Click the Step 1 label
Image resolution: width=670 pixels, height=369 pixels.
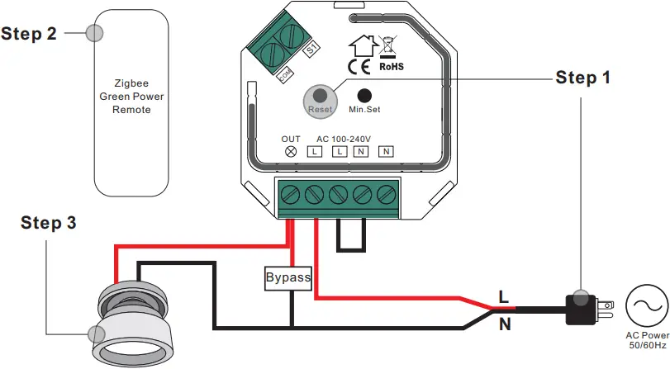pos(583,78)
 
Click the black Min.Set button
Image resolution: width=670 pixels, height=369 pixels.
pos(363,96)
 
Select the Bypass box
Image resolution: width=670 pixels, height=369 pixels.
pos(287,277)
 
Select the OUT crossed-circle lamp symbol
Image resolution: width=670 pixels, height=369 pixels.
pos(291,152)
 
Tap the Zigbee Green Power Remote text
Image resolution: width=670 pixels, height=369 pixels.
pos(132,97)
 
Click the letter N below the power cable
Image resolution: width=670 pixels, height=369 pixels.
pos(504,325)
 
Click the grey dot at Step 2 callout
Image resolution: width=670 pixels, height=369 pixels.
pos(95,33)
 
